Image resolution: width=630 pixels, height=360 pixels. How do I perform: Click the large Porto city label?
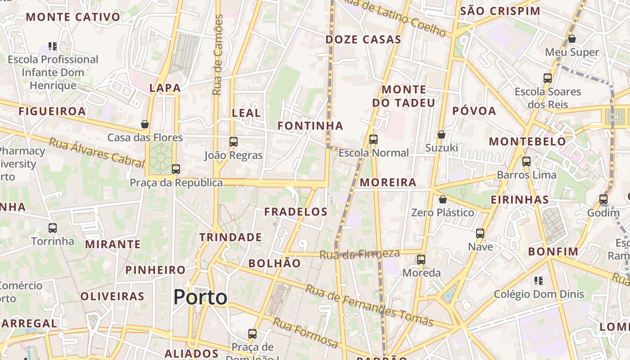pos(200,297)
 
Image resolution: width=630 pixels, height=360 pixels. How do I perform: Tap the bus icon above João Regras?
pos(233,142)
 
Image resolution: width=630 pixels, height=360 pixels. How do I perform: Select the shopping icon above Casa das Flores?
pos(145,124)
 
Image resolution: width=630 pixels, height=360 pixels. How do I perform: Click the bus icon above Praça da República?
pos(176,169)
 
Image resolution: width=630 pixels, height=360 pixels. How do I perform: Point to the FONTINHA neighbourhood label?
pos(310,126)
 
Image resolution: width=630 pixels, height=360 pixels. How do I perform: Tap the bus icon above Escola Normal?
pos(373,139)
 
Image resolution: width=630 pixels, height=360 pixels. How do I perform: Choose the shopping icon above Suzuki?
pos(441,135)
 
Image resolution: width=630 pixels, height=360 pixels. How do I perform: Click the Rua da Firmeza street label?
pos(360,254)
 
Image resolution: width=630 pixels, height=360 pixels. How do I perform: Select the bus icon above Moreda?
pos(421,260)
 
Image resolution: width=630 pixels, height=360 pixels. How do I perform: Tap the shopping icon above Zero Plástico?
pos(443,199)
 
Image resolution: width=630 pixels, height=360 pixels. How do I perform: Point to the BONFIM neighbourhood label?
pos(553,252)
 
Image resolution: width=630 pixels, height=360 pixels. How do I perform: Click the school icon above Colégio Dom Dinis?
pos(539,281)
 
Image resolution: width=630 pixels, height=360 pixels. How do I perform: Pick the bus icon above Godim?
pos(603,199)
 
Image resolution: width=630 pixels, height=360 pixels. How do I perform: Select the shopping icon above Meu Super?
pos(572,39)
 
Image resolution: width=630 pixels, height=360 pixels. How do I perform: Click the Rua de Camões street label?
pos(218,55)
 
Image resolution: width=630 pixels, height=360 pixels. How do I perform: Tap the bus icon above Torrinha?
pos(53,228)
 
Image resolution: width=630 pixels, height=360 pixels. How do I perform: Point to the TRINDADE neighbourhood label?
pos(230,237)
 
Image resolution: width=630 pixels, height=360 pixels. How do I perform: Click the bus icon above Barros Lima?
pos(526,162)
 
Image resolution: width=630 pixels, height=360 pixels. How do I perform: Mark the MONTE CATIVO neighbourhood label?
pos(73,18)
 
